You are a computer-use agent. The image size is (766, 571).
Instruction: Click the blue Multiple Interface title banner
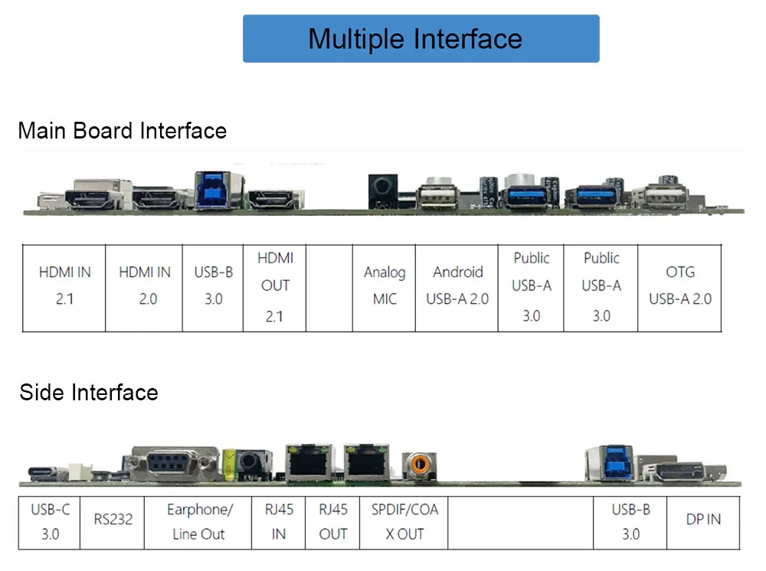[x=421, y=38]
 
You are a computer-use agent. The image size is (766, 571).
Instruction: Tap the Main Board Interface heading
[x=123, y=131]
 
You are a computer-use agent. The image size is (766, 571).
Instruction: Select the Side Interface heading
[x=89, y=393]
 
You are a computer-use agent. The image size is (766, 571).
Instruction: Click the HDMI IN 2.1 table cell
[x=64, y=285]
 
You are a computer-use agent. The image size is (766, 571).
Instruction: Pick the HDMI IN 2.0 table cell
[x=145, y=285]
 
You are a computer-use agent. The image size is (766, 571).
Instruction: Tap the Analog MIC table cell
[x=385, y=285]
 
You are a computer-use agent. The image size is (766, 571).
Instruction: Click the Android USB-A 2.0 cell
[x=457, y=285]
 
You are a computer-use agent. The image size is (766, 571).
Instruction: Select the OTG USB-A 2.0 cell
[x=680, y=285]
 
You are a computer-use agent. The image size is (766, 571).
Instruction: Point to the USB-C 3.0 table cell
[x=50, y=521]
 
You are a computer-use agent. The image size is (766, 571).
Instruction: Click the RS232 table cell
[x=113, y=520]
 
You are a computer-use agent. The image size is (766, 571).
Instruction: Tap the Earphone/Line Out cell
[x=198, y=521]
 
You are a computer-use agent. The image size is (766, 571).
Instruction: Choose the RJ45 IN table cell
[x=279, y=521]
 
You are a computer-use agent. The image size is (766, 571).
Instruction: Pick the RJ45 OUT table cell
[x=333, y=521]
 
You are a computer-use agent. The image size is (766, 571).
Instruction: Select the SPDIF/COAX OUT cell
[x=404, y=521]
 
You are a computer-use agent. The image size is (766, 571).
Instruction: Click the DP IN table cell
[x=703, y=520]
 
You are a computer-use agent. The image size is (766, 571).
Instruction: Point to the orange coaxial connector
[x=418, y=464]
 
